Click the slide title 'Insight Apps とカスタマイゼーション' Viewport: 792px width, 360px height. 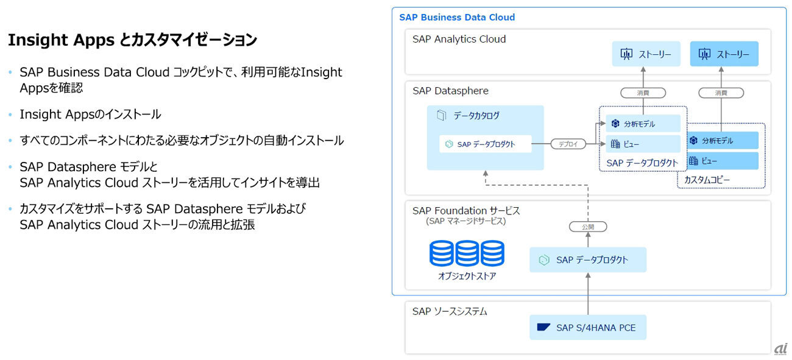[132, 41]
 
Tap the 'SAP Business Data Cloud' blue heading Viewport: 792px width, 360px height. [457, 17]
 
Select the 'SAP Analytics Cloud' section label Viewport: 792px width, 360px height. [459, 39]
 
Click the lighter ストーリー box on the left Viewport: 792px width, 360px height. [646, 54]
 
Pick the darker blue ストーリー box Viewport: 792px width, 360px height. [724, 54]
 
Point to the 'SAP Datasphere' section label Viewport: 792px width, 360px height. [450, 91]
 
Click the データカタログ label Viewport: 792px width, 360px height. [476, 115]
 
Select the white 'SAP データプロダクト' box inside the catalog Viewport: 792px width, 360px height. [486, 144]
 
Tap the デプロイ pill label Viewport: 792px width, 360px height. [568, 144]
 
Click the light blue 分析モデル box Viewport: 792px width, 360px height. [643, 124]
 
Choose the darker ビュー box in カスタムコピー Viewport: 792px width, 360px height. [724, 161]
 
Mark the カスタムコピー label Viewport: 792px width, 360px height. [707, 180]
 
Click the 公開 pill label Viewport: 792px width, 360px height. [588, 227]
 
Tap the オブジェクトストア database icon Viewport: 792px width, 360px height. [467, 253]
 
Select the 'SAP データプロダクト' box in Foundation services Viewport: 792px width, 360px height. [587, 260]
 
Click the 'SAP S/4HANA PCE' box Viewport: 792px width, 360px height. [587, 328]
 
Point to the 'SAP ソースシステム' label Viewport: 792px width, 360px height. [450, 311]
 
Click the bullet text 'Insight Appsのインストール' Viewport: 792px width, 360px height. [90, 114]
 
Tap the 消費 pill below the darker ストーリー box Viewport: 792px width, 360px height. [721, 93]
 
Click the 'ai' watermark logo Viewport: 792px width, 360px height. [780, 348]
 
